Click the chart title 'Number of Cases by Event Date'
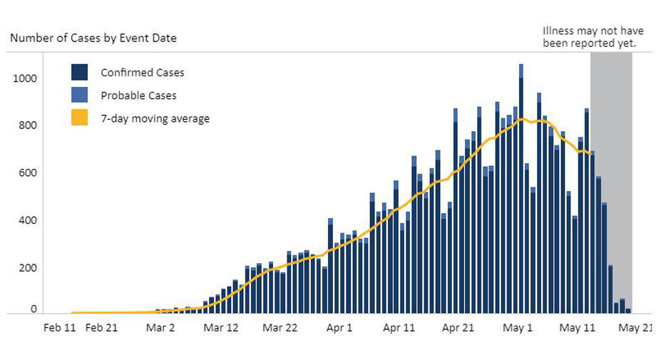pyautogui.click(x=93, y=38)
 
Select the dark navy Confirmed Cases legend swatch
pyautogui.click(x=79, y=72)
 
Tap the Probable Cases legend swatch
pyautogui.click(x=79, y=95)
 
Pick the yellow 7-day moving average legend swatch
pyautogui.click(x=79, y=118)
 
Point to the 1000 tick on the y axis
pyautogui.click(x=25, y=78)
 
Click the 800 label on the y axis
pyautogui.click(x=28, y=125)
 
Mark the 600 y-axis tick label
pyautogui.click(x=28, y=173)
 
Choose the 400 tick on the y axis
pyautogui.click(x=28, y=220)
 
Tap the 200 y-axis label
pyautogui.click(x=28, y=267)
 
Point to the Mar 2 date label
pyautogui.click(x=160, y=328)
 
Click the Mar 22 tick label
pyautogui.click(x=280, y=328)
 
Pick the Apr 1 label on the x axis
pyautogui.click(x=339, y=328)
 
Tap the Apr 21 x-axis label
pyautogui.click(x=458, y=328)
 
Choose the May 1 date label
pyautogui.click(x=518, y=328)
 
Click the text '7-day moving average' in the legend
pyautogui.click(x=155, y=118)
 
